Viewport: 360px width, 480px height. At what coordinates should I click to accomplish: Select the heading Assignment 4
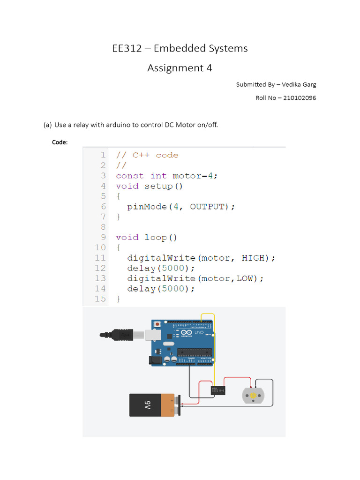coord(180,68)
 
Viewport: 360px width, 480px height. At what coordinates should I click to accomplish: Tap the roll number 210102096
coord(300,98)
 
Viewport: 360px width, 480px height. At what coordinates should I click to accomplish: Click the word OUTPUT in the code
coord(208,207)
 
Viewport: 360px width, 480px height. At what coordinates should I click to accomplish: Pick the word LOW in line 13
coord(244,278)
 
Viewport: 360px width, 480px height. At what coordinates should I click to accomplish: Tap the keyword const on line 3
coord(130,176)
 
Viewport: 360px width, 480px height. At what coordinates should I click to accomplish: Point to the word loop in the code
coord(155,237)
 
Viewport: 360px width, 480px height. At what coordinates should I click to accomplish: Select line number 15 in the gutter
coord(100,299)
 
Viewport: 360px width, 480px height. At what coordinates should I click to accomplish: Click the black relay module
coord(218,390)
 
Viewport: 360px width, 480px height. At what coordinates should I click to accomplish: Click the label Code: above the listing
coord(60,142)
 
